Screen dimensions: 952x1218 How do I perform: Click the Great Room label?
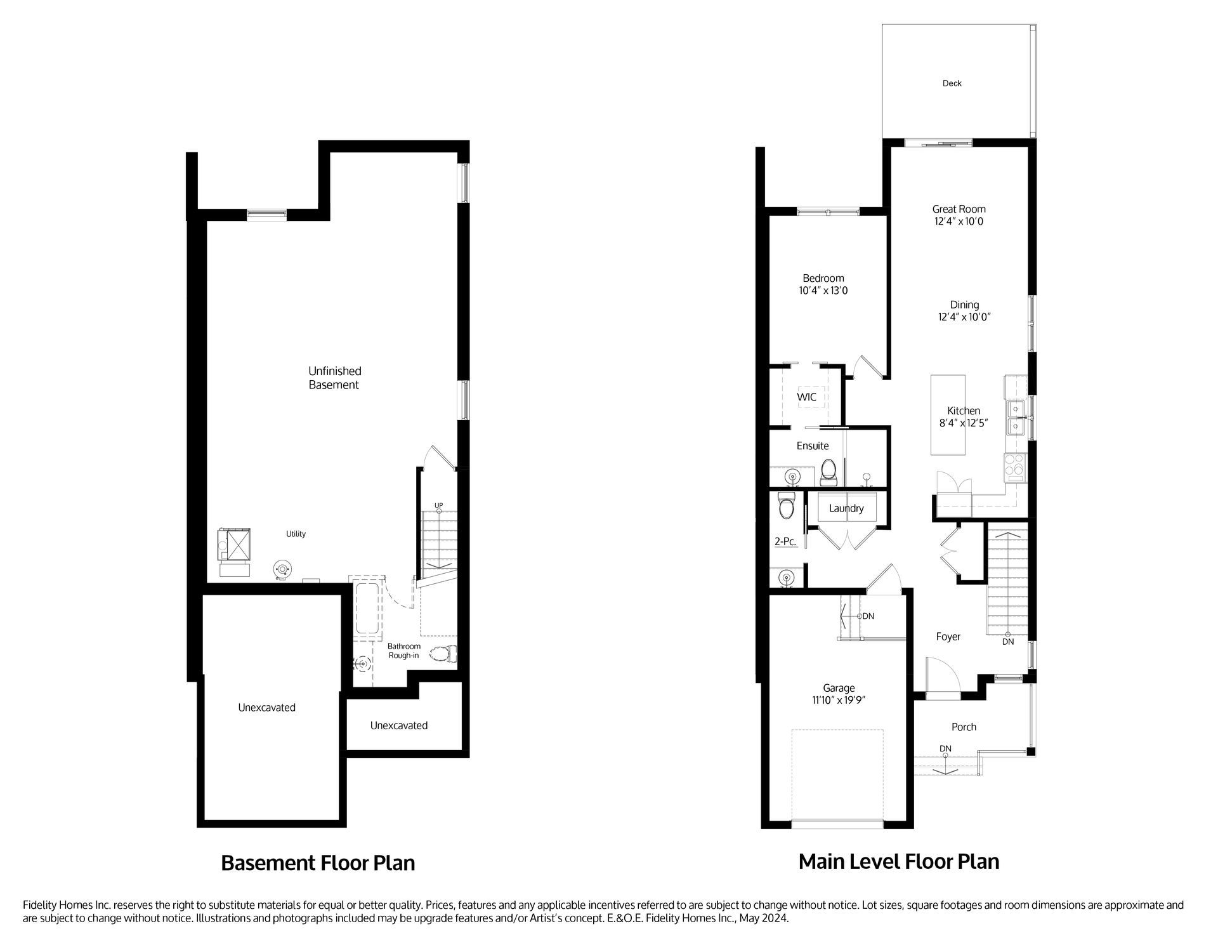click(959, 209)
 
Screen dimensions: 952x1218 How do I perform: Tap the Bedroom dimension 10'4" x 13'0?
click(823, 291)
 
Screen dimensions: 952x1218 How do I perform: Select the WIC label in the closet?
click(806, 397)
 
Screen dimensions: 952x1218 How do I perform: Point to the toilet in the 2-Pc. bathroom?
click(787, 506)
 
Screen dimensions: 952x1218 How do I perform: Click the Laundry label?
click(846, 508)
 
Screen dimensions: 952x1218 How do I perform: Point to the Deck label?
click(952, 83)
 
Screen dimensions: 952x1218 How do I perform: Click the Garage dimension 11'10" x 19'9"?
click(839, 700)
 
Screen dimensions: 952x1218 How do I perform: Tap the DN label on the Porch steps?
click(945, 748)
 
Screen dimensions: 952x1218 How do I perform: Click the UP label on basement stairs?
click(438, 505)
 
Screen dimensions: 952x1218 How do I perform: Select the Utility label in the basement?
click(296, 534)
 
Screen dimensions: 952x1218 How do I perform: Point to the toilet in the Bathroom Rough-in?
click(443, 654)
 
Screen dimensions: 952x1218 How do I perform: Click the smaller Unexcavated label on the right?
click(398, 725)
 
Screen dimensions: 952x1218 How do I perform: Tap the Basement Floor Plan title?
click(318, 863)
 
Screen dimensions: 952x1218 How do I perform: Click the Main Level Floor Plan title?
click(898, 861)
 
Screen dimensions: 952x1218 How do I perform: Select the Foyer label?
click(948, 637)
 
